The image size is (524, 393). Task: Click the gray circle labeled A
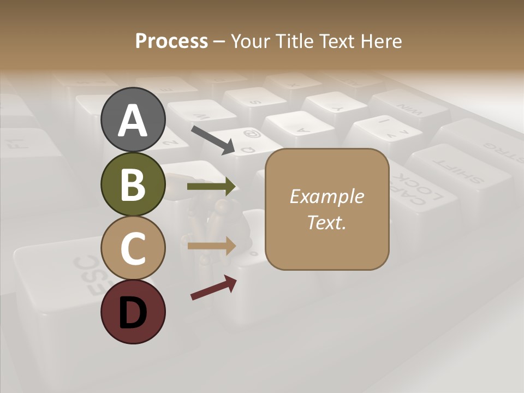coord(133,120)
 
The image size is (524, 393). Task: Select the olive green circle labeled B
coord(133,184)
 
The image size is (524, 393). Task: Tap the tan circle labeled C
coord(133,248)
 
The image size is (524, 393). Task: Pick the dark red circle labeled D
coord(133,312)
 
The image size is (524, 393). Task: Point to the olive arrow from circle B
coord(211,187)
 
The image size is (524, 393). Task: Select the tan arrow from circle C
coord(211,246)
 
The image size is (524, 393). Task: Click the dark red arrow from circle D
coord(213,288)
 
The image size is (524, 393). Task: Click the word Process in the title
coord(171,41)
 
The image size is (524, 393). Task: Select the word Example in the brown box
coord(326,196)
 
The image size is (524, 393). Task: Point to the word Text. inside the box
coord(326,222)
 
